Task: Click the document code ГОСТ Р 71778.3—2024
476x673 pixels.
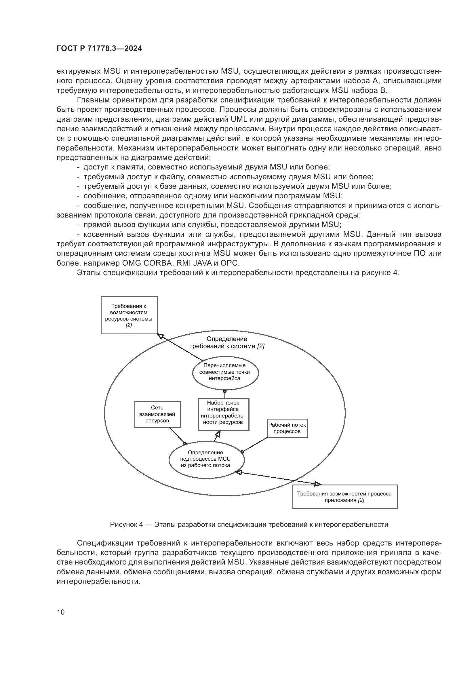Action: [99, 49]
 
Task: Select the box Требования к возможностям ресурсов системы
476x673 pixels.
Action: [129, 315]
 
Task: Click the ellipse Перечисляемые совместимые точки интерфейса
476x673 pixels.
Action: [225, 372]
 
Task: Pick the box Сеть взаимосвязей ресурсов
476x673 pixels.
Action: [157, 414]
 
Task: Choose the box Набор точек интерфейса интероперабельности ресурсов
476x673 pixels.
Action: [223, 414]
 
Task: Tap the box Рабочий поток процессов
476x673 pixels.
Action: [287, 428]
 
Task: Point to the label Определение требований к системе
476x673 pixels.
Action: [227, 342]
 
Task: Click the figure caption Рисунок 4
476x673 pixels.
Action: [249, 525]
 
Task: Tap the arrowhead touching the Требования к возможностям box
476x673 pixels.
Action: [161, 336]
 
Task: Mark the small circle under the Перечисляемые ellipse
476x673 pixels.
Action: [225, 391]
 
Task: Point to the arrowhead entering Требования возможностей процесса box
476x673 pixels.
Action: [318, 483]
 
